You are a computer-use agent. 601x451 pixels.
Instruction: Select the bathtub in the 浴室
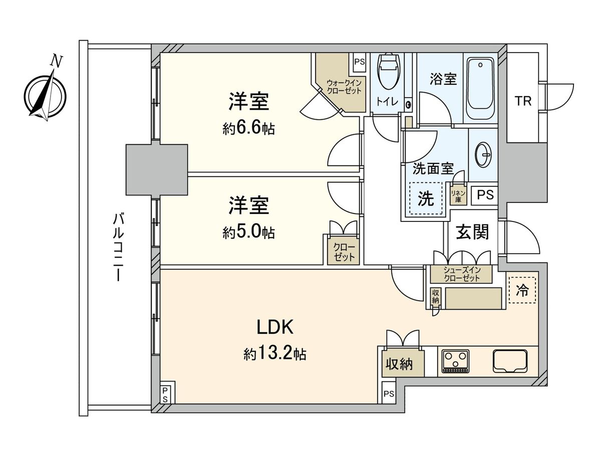[x=481, y=88]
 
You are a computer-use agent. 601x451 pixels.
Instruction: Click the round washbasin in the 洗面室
[x=484, y=155]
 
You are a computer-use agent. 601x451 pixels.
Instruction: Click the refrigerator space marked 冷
[x=522, y=290]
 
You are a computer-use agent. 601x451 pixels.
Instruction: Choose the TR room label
[x=523, y=101]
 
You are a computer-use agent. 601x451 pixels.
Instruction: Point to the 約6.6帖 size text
[x=248, y=129]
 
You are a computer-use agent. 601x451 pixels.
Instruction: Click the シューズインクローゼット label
[x=461, y=275]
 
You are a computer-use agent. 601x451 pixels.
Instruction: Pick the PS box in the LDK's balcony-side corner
[x=165, y=393]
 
